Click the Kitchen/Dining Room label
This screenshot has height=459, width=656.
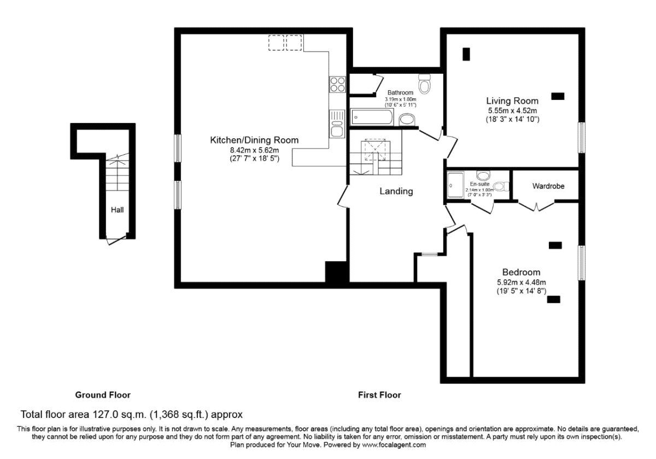[254, 140]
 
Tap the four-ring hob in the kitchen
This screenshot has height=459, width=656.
[337, 84]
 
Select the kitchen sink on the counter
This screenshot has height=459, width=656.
[337, 123]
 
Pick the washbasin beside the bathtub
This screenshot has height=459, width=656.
[407, 119]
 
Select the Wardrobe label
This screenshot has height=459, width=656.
[548, 186]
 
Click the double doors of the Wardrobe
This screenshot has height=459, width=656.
[536, 207]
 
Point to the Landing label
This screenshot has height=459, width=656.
[396, 191]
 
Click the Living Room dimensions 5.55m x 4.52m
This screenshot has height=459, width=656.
[512, 110]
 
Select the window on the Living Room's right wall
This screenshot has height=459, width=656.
[582, 137]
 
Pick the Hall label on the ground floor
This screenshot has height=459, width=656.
[117, 209]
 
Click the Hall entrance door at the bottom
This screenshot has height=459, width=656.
[116, 240]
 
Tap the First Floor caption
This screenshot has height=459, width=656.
[379, 395]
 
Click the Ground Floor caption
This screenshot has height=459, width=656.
[103, 395]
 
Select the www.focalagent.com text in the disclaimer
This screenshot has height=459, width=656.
[394, 445]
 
